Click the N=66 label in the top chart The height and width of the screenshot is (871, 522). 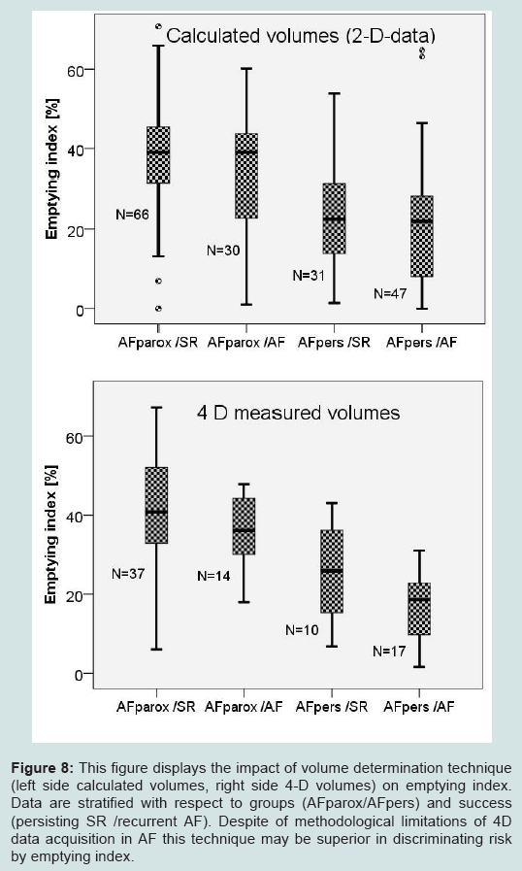point(132,215)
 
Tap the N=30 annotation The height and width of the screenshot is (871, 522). point(223,251)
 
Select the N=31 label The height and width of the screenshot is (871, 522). point(309,276)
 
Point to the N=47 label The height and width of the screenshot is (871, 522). point(390,294)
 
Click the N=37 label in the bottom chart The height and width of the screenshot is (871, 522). point(128,574)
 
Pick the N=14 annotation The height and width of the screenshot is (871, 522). point(213,576)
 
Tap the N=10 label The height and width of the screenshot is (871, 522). point(302,630)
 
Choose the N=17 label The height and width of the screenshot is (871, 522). point(389,651)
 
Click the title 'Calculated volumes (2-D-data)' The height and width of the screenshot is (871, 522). point(301,36)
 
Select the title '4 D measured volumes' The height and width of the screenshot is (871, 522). point(298,413)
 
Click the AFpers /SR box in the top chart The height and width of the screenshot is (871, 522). point(335,218)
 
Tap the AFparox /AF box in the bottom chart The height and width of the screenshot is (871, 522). point(244,526)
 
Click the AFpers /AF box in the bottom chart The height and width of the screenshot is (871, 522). point(419,609)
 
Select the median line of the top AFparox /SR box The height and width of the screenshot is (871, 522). point(158,151)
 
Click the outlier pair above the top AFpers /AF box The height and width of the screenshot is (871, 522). point(422,53)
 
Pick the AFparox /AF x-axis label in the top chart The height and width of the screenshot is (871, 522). point(246,342)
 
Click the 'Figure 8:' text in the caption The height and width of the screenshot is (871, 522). point(42,768)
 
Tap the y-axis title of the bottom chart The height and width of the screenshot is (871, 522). point(51,535)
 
